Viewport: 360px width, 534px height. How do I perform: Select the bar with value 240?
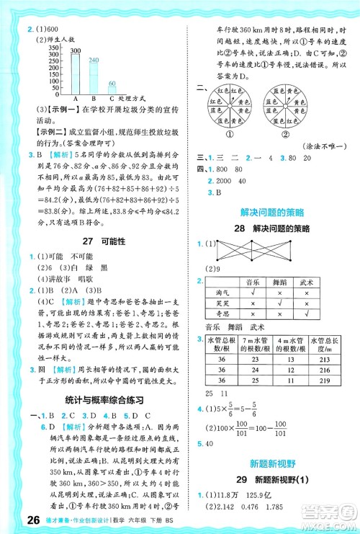93,78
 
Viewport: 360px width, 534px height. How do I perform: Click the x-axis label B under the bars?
94,99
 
